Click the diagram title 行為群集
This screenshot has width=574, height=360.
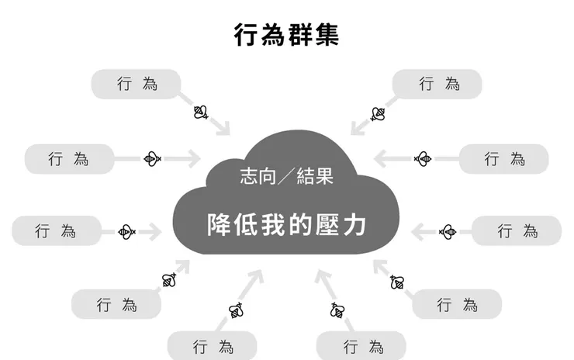pyautogui.click(x=286, y=35)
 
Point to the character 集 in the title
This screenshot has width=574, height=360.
pyautogui.click(x=327, y=35)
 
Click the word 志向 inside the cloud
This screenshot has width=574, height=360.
pyautogui.click(x=258, y=176)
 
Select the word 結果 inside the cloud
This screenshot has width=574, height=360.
pyautogui.click(x=315, y=176)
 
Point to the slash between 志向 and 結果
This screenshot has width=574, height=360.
pyautogui.click(x=286, y=176)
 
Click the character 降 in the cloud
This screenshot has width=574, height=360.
pyautogui.click(x=219, y=224)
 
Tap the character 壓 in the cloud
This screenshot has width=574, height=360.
pyautogui.click(x=327, y=224)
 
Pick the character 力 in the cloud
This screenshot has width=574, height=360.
pyautogui.click(x=354, y=224)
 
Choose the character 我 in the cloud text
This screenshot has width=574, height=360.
pyautogui.click(x=273, y=224)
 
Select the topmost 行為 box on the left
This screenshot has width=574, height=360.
pyautogui.click(x=136, y=84)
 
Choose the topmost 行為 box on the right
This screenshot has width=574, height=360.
pyautogui.click(x=437, y=84)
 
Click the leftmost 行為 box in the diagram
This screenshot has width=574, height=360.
pyautogui.click(x=57, y=230)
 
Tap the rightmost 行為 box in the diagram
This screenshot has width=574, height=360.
pyautogui.click(x=517, y=230)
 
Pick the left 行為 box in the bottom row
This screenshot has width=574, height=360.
pyautogui.click(x=213, y=346)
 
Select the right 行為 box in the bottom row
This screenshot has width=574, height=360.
pyautogui.click(x=361, y=346)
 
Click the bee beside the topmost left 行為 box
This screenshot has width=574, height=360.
pyautogui.click(x=201, y=112)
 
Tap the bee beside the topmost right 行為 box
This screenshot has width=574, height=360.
pyautogui.click(x=378, y=114)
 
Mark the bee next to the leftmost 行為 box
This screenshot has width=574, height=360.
pyautogui.click(x=126, y=232)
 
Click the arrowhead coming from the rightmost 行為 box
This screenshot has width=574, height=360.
pyautogui.click(x=418, y=232)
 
